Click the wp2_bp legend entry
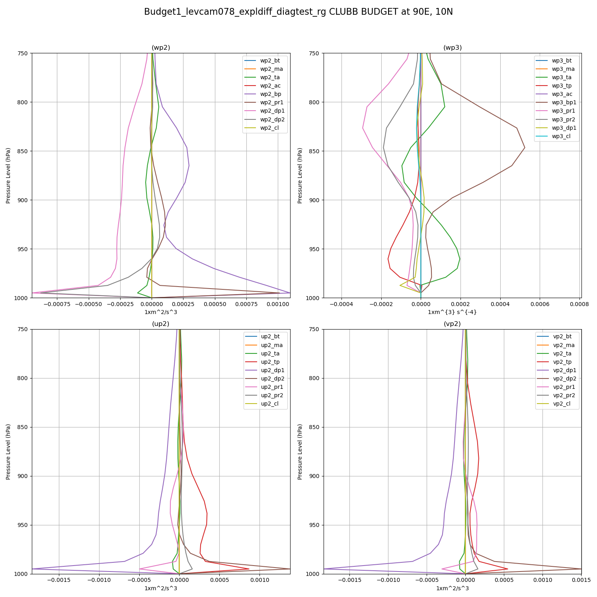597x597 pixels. point(270,94)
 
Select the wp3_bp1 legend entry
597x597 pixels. point(564,103)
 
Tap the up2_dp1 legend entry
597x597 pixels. point(273,371)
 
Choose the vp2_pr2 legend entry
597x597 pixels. point(564,396)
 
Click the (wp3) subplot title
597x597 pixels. point(453,48)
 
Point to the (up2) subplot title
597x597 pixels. point(161,324)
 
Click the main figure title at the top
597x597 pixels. point(298,12)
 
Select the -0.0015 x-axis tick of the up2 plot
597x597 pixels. point(59,580)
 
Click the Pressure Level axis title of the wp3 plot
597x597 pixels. point(300,176)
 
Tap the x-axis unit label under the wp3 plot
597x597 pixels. point(452,312)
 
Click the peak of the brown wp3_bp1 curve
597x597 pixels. point(525,148)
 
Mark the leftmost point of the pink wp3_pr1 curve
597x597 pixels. point(363,128)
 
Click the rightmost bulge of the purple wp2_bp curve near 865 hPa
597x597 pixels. point(189,166)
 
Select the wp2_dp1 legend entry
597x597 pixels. point(272,111)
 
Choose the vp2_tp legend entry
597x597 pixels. point(562,362)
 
